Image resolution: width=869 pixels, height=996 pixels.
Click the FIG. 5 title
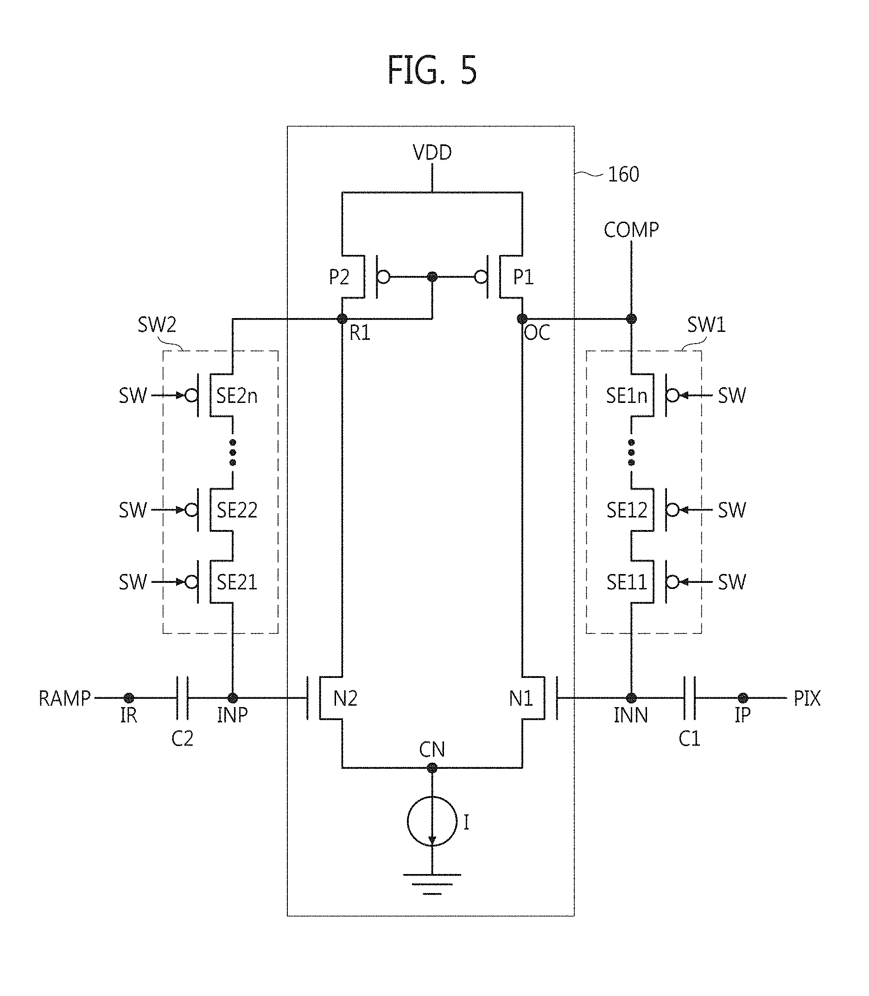tap(432, 70)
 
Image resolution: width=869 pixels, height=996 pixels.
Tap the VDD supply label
tap(432, 153)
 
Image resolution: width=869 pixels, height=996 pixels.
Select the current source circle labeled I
tap(432, 821)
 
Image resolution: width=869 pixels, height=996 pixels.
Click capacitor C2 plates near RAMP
tap(182, 698)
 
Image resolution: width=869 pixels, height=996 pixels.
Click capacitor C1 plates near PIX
tap(690, 698)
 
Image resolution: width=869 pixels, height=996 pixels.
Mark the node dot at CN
tap(432, 768)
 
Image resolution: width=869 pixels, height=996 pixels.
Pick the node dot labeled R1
tap(342, 319)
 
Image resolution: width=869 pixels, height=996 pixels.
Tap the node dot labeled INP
tap(233, 698)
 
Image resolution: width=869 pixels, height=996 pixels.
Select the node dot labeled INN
tap(631, 698)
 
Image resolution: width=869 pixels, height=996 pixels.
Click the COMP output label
tap(631, 230)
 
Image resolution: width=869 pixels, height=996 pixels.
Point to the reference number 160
tap(624, 175)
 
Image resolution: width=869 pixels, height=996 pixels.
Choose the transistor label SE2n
tap(237, 396)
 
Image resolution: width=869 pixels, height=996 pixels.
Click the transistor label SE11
tap(627, 582)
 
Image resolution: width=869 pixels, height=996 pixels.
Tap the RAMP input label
tap(64, 699)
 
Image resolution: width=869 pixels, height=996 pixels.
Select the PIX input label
tap(807, 699)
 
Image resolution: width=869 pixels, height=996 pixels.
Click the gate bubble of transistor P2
tap(383, 277)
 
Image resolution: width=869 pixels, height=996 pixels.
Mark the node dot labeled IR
tap(128, 698)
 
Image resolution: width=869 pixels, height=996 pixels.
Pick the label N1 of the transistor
tap(521, 699)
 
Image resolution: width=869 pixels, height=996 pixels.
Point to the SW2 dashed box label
tap(157, 325)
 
